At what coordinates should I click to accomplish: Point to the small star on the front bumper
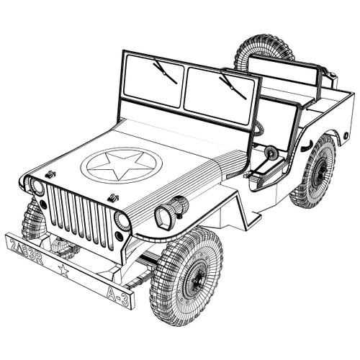63,271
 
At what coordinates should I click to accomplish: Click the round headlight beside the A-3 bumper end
122,220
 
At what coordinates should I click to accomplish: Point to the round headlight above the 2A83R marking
36,187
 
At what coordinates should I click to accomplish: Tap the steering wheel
271,153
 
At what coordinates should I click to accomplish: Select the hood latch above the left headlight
50,174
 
